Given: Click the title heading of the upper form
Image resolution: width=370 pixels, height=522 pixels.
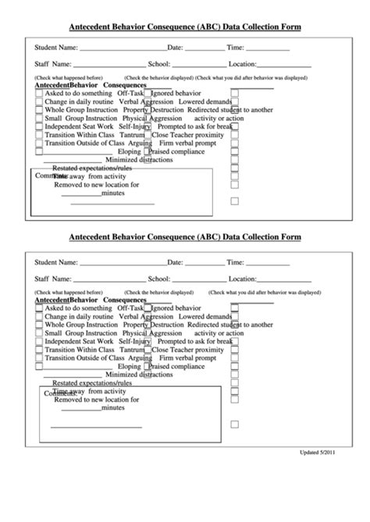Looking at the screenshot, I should pyautogui.click(x=185, y=27).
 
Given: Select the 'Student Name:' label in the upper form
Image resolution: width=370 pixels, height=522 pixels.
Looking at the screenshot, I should pyautogui.click(x=57, y=48).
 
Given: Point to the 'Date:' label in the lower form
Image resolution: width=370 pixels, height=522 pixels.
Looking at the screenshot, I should pyautogui.click(x=175, y=262).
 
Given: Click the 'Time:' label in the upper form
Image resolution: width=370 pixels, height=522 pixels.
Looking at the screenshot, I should pyautogui.click(x=236, y=48).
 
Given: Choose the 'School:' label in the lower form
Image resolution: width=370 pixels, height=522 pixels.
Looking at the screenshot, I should pyautogui.click(x=159, y=278).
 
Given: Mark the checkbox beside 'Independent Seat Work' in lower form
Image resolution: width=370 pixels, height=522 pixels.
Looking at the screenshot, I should pyautogui.click(x=39, y=342).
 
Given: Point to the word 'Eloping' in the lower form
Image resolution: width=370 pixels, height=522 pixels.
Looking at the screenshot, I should pyautogui.click(x=129, y=365).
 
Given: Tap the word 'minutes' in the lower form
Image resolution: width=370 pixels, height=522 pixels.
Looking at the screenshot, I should pyautogui.click(x=112, y=407).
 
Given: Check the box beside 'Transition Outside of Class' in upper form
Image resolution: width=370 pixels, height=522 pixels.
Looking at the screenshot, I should pyautogui.click(x=39, y=144).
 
